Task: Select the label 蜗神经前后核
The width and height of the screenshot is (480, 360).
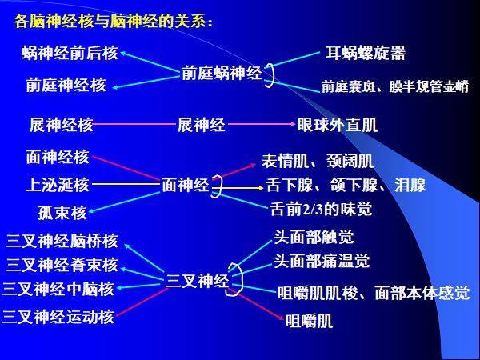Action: [70, 53]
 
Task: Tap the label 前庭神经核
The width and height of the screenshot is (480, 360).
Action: [66, 85]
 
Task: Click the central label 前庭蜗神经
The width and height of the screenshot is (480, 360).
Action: [222, 73]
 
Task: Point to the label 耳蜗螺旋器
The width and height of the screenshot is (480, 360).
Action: [366, 53]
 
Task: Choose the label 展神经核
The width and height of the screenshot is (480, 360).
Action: [62, 125]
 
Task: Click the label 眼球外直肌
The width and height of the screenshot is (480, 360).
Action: [338, 125]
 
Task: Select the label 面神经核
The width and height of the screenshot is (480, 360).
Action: [58, 157]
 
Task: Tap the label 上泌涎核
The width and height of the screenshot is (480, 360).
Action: [58, 185]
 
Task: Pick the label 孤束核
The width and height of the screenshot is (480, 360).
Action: [62, 213]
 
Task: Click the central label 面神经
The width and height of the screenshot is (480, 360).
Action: [186, 185]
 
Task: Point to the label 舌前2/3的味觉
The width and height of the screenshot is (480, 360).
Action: [321, 209]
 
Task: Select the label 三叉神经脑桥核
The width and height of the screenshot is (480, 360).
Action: [62, 241]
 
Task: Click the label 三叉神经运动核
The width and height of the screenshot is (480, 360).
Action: [58, 317]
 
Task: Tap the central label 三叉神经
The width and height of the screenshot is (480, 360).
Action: [197, 281]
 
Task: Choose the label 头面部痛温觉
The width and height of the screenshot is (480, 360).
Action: [322, 261]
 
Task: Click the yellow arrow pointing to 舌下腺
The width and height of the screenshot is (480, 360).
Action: [238, 188]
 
